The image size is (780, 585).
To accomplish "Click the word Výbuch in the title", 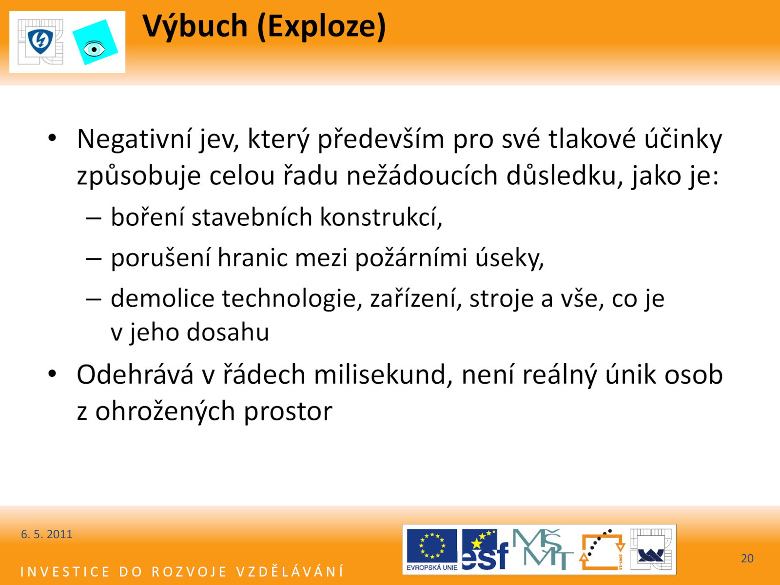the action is [x=195, y=27].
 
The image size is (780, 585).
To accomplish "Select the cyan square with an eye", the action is [x=95, y=42].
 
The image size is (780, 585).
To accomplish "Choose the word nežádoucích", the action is [x=422, y=175].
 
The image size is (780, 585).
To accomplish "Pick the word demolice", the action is [x=162, y=298].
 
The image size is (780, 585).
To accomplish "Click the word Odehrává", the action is [x=136, y=375].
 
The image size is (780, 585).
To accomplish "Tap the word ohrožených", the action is [x=165, y=411].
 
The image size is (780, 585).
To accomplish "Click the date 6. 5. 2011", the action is [x=46, y=534].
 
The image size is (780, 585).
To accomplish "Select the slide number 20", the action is [x=747, y=558].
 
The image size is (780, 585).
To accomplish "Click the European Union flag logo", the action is [x=432, y=549].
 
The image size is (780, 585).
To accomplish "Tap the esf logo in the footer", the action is [x=485, y=549].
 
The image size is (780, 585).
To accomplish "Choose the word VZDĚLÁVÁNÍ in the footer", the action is [x=290, y=571].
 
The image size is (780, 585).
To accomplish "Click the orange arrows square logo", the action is [x=603, y=549].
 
